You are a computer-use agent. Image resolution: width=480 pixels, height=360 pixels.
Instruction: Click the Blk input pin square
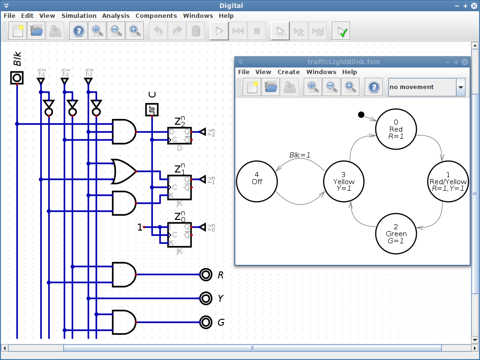pyautogui.click(x=17, y=78)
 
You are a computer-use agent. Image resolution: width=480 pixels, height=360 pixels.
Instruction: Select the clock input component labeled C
pyautogui.click(x=151, y=110)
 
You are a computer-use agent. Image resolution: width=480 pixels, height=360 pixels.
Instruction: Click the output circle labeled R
pyautogui.click(x=205, y=275)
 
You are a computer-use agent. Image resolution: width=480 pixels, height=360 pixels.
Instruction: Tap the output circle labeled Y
pyautogui.click(x=205, y=298)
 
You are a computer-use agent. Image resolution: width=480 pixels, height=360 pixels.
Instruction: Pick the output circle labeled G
pyautogui.click(x=205, y=322)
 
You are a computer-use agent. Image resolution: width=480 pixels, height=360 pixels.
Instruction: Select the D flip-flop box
pyautogui.click(x=180, y=136)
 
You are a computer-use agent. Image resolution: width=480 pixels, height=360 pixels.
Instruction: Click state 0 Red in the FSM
pyautogui.click(x=396, y=129)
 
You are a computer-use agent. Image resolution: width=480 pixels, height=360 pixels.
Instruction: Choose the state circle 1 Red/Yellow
pyautogui.click(x=448, y=181)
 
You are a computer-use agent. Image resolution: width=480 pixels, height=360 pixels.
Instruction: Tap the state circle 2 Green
pyautogui.click(x=396, y=233)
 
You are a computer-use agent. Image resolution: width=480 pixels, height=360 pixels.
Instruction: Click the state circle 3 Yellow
pyautogui.click(x=344, y=181)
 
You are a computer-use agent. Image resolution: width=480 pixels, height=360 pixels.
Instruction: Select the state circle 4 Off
pyautogui.click(x=257, y=181)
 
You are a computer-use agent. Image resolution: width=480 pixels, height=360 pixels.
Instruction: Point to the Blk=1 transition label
pyautogui.click(x=299, y=155)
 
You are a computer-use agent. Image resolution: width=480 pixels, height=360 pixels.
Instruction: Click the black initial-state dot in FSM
pyautogui.click(x=361, y=115)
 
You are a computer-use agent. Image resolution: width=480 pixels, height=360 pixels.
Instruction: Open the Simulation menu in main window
pyautogui.click(x=79, y=15)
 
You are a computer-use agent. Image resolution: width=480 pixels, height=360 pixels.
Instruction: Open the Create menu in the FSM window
pyautogui.click(x=288, y=72)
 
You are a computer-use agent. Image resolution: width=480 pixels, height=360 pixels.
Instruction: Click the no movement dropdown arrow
pyautogui.click(x=460, y=87)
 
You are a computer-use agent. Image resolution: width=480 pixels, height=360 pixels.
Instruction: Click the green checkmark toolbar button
pyautogui.click(x=341, y=31)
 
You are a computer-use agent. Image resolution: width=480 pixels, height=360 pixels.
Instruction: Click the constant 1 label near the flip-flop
pyautogui.click(x=140, y=227)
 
